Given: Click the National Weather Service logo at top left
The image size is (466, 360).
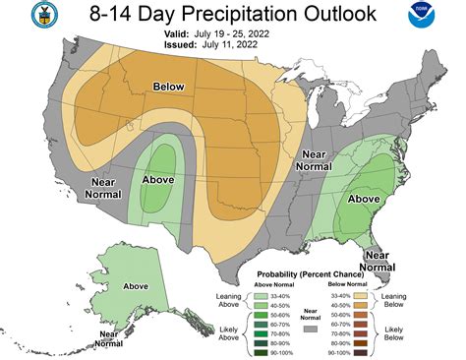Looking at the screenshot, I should click(x=17, y=17).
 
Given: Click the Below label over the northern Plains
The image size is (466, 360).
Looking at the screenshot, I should click(x=168, y=87).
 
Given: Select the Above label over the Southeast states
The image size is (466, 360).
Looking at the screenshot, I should click(x=364, y=198).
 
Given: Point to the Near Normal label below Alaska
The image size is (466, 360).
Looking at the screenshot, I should click(x=115, y=339).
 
